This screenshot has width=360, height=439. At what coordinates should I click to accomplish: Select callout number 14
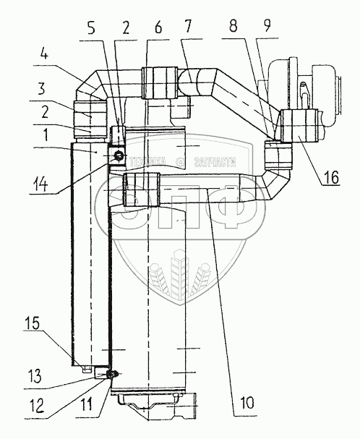40,184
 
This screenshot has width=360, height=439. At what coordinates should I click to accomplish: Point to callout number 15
33,324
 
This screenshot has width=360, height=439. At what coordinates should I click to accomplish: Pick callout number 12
36,406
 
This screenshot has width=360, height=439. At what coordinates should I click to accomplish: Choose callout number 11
87,404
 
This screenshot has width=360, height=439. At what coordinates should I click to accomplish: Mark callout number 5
91,28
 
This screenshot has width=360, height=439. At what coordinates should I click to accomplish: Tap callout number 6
158,28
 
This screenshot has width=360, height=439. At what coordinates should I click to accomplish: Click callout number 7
187,27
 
